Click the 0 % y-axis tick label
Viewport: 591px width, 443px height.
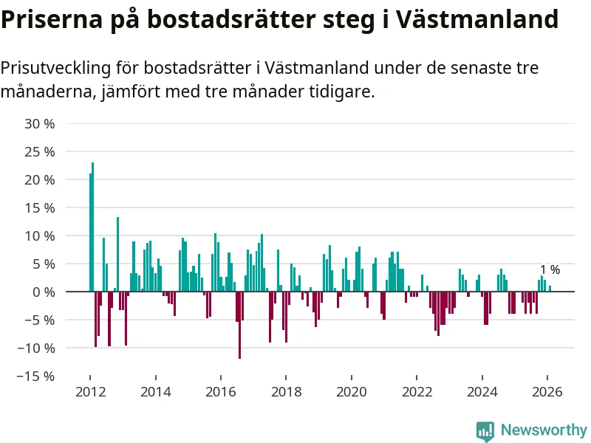coord(45,292)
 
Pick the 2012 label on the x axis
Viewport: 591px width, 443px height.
coord(89,392)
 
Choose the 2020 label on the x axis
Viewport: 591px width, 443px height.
coord(351,392)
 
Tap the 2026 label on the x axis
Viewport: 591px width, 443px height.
coord(547,392)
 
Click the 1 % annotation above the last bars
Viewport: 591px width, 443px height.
coord(550,270)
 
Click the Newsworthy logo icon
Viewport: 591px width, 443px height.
coord(485,430)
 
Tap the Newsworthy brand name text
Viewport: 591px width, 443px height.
coord(544,430)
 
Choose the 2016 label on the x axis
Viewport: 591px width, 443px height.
coord(220,392)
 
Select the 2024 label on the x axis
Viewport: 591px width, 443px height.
coord(482,392)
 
